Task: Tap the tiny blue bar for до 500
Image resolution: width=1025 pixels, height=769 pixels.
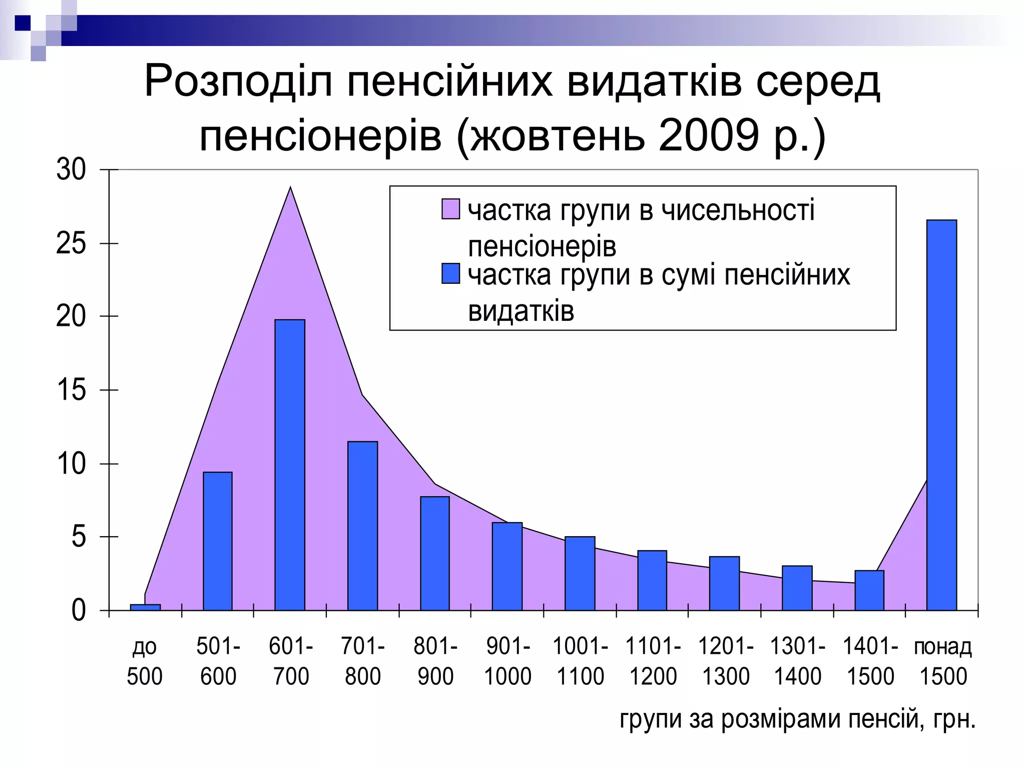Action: point(145,607)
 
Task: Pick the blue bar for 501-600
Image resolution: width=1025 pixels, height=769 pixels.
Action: point(218,541)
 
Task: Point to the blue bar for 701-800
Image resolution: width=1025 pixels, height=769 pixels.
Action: point(362,526)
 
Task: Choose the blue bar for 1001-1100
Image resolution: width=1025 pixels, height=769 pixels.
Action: point(580,573)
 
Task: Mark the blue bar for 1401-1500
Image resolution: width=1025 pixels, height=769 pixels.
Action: point(869,590)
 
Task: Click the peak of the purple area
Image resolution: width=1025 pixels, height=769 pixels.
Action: point(290,189)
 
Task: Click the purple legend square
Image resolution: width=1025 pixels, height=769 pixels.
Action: point(450,209)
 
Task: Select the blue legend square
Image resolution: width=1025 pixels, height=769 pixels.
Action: point(450,274)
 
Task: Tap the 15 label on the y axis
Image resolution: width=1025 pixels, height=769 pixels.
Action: point(71,390)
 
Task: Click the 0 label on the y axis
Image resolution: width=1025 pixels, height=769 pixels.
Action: point(79,611)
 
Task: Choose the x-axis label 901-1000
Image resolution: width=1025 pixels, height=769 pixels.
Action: point(507,661)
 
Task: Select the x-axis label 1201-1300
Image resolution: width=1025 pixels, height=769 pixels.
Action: point(725,661)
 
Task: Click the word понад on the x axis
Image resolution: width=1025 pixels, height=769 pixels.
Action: point(942,647)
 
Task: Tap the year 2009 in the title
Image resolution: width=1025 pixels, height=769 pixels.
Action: point(709,136)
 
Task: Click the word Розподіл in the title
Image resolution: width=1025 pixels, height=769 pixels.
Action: point(238,81)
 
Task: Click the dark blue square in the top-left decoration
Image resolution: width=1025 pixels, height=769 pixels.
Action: point(23,23)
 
